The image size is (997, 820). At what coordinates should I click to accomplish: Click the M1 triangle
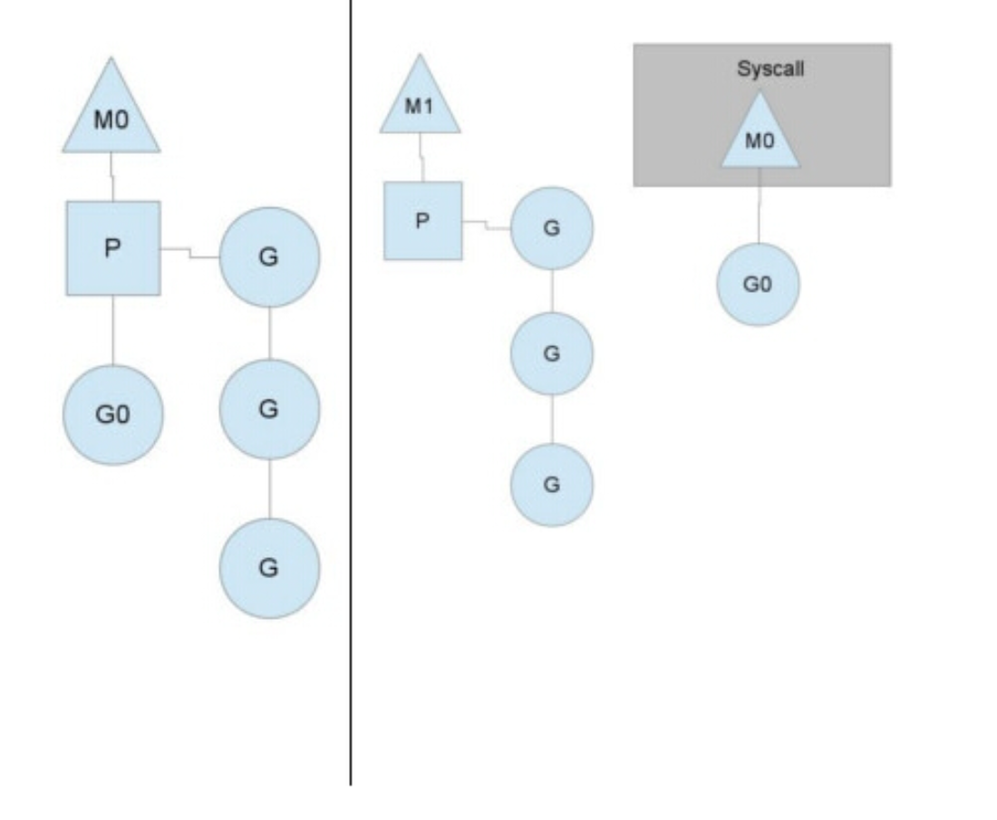[x=420, y=106]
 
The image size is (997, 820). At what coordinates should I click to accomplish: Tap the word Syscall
[x=770, y=70]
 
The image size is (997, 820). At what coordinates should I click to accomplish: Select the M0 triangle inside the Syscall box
[x=760, y=140]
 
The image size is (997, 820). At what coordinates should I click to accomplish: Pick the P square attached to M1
[x=422, y=221]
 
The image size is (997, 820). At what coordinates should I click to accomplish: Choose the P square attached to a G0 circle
[x=113, y=248]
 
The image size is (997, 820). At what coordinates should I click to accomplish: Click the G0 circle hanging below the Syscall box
[x=758, y=285]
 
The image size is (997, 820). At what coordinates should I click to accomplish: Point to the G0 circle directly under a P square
[x=113, y=415]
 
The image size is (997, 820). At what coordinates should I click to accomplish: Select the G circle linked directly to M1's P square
[x=552, y=228]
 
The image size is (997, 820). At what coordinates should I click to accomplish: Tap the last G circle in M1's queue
[x=552, y=485]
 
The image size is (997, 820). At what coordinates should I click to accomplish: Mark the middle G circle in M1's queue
[x=552, y=353]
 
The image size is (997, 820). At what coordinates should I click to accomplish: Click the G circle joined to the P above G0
[x=269, y=257]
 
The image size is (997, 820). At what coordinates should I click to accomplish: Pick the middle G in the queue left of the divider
[x=269, y=410]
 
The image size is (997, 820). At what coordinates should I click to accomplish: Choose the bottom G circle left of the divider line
[x=269, y=568]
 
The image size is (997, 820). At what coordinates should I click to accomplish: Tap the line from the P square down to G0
[x=113, y=330]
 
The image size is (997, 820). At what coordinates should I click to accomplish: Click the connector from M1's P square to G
[x=487, y=225]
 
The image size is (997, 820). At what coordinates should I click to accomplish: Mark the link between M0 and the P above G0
[x=112, y=177]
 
